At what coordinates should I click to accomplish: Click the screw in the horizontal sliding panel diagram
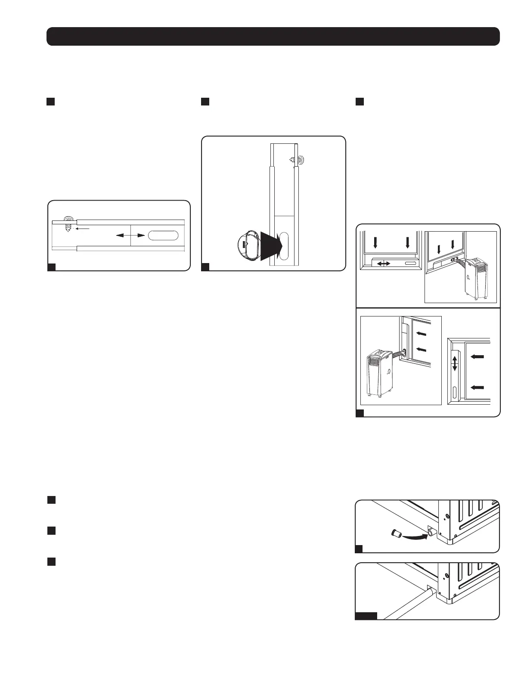pyautogui.click(x=68, y=224)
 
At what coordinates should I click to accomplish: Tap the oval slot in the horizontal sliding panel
pyautogui.click(x=163, y=236)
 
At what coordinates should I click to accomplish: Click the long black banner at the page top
pyautogui.click(x=273, y=37)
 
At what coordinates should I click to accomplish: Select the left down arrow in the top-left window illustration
pyautogui.click(x=375, y=243)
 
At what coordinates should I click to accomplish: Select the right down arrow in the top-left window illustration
pyautogui.click(x=407, y=243)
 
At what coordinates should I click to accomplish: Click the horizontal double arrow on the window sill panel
pyautogui.click(x=383, y=263)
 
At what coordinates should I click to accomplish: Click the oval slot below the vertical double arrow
pyautogui.click(x=455, y=392)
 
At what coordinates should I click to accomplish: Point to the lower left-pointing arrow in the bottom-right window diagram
pyautogui.click(x=477, y=387)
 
